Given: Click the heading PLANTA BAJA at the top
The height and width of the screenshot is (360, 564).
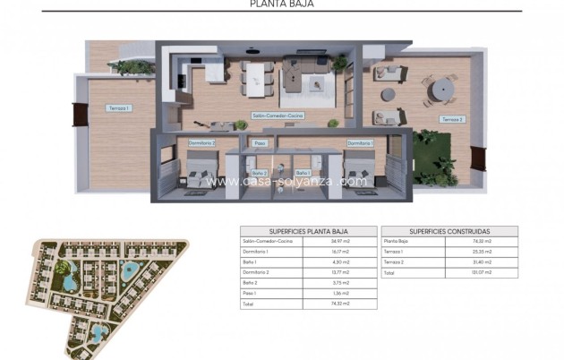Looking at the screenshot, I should pyautogui.click(x=282, y=4).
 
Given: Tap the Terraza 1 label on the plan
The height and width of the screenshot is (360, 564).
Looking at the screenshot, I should pyautogui.click(x=118, y=108).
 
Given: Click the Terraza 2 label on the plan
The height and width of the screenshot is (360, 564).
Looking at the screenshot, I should pyautogui.click(x=451, y=118).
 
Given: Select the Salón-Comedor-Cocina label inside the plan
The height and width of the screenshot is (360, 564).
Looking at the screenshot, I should pyautogui.click(x=278, y=116).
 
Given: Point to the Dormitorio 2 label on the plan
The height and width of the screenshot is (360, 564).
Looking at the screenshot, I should pyautogui.click(x=201, y=142).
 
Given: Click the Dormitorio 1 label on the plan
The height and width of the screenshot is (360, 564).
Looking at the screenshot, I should pyautogui.click(x=360, y=142).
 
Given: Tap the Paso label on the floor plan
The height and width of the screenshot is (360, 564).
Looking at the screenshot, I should pyautogui.click(x=260, y=142).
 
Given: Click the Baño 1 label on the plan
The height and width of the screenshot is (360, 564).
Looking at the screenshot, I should pyautogui.click(x=303, y=172).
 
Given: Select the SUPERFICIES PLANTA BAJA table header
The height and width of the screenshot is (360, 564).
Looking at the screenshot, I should pyautogui.click(x=307, y=231).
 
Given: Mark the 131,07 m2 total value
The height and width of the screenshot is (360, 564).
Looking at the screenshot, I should pyautogui.click(x=482, y=272).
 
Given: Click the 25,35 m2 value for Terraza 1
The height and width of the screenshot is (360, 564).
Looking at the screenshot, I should pyautogui.click(x=482, y=252).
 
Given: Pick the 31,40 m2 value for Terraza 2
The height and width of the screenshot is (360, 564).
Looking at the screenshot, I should pyautogui.click(x=482, y=261).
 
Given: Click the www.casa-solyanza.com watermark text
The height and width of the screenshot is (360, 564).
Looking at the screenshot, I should pyautogui.click(x=286, y=181).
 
